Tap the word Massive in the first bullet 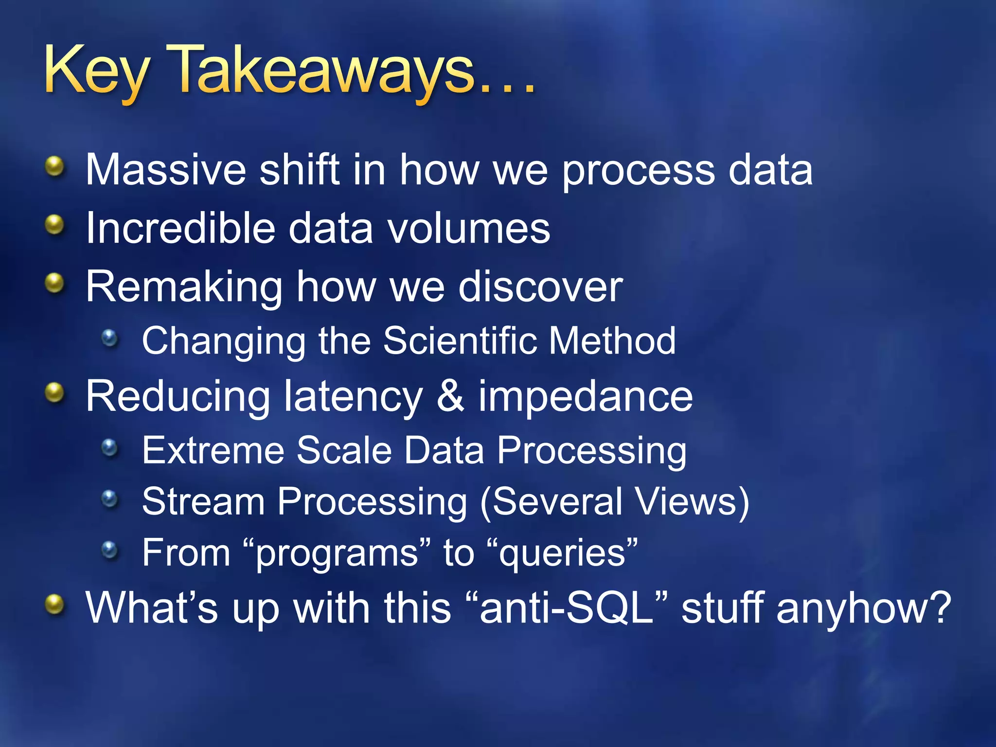coord(166,170)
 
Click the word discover coord(540,287)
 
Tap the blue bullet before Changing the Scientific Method coord(110,338)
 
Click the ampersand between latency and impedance coord(450,396)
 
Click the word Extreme coord(213,450)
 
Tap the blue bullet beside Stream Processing coord(110,498)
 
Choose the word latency coord(353,396)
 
